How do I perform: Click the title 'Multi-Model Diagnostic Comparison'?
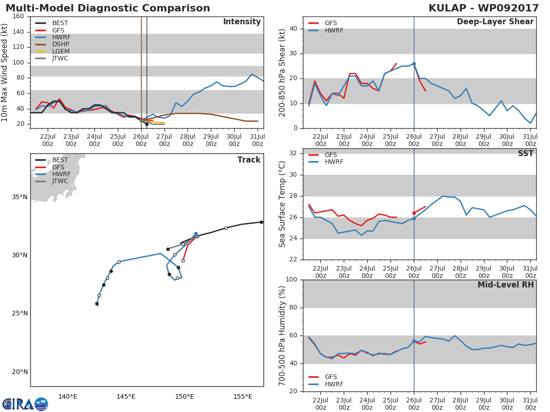click(x=108, y=8)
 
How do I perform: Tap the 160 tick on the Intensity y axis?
click(x=18, y=16)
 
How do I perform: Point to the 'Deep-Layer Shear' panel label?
click(x=495, y=22)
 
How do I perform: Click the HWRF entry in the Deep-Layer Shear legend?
click(x=334, y=30)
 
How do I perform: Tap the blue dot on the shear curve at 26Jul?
click(x=414, y=64)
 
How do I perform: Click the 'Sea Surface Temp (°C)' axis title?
click(x=282, y=204)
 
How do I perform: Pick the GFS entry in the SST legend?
click(x=331, y=155)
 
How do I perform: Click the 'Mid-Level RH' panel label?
click(x=506, y=285)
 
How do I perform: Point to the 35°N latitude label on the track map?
click(x=19, y=197)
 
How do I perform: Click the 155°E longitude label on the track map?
click(x=242, y=396)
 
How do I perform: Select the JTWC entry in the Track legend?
click(x=60, y=181)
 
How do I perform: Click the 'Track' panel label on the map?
click(x=248, y=160)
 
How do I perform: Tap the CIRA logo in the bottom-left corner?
click(x=25, y=404)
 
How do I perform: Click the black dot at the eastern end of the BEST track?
click(x=261, y=222)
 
